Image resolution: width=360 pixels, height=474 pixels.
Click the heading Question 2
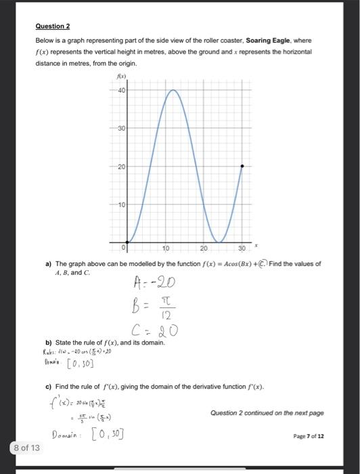[52, 26]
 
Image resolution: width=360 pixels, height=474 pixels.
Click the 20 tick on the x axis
[204, 249]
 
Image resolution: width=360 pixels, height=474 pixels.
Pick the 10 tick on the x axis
[167, 249]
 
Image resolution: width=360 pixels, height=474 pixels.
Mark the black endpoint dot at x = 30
[242, 166]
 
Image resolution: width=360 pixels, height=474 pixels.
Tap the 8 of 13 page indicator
[26, 448]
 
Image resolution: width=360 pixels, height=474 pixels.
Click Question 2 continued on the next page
[267, 412]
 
